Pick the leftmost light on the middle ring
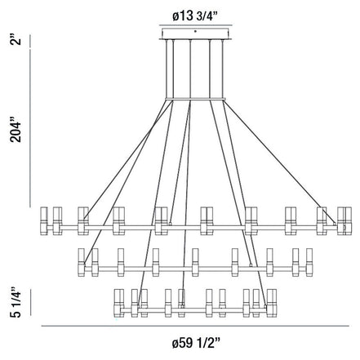coord(83,260)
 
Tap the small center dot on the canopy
coord(194,30)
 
